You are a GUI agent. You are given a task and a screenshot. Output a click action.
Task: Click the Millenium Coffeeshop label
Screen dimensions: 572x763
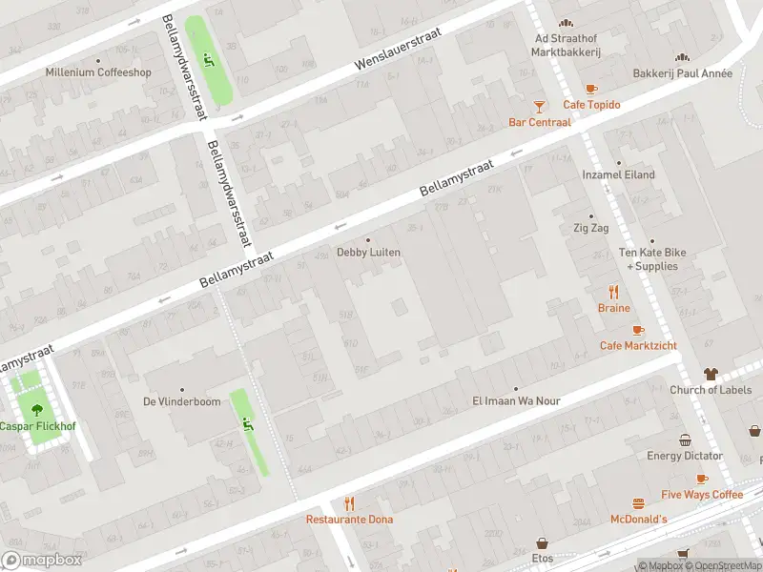tap(98, 72)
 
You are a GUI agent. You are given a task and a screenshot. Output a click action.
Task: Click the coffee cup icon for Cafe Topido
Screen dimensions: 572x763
tap(591, 89)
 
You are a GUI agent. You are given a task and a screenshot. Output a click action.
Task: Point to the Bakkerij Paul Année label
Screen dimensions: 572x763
tap(683, 73)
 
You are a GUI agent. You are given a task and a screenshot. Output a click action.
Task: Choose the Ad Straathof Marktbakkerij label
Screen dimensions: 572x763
tap(566, 45)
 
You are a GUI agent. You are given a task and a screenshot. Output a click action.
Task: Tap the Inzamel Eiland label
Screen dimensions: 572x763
tap(619, 175)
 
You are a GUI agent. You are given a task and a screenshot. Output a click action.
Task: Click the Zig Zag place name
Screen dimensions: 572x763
tap(590, 229)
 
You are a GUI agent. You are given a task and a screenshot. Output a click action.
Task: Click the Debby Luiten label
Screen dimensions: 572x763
tap(368, 253)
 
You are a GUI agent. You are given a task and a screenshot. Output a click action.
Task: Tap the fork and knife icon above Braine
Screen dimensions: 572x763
tap(614, 292)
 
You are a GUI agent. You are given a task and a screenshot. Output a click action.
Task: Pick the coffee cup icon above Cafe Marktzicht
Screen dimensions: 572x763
tap(638, 329)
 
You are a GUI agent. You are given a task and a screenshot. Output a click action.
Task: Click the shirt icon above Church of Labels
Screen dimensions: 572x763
tap(711, 374)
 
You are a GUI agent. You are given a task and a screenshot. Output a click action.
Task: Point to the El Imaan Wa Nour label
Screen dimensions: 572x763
tap(516, 401)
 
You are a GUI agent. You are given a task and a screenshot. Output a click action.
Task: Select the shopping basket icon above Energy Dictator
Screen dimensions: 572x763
tap(685, 439)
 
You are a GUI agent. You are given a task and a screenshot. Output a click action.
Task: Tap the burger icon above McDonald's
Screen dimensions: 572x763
tap(638, 502)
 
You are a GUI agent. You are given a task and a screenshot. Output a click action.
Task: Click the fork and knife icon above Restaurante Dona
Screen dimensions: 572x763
tap(349, 503)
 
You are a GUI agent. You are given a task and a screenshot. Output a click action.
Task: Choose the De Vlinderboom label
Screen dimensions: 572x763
tap(181, 401)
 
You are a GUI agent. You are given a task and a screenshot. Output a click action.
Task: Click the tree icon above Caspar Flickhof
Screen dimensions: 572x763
tap(36, 410)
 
